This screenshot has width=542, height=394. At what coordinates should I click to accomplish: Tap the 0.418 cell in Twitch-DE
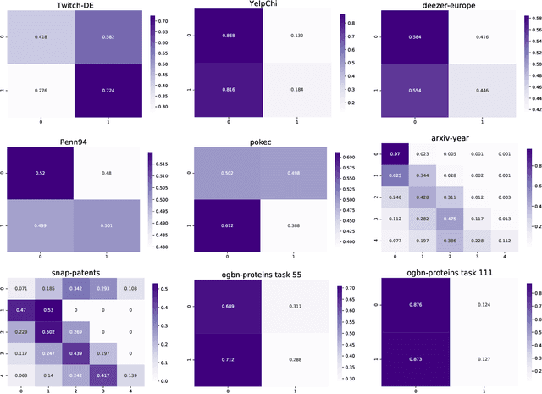[x=40, y=38]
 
